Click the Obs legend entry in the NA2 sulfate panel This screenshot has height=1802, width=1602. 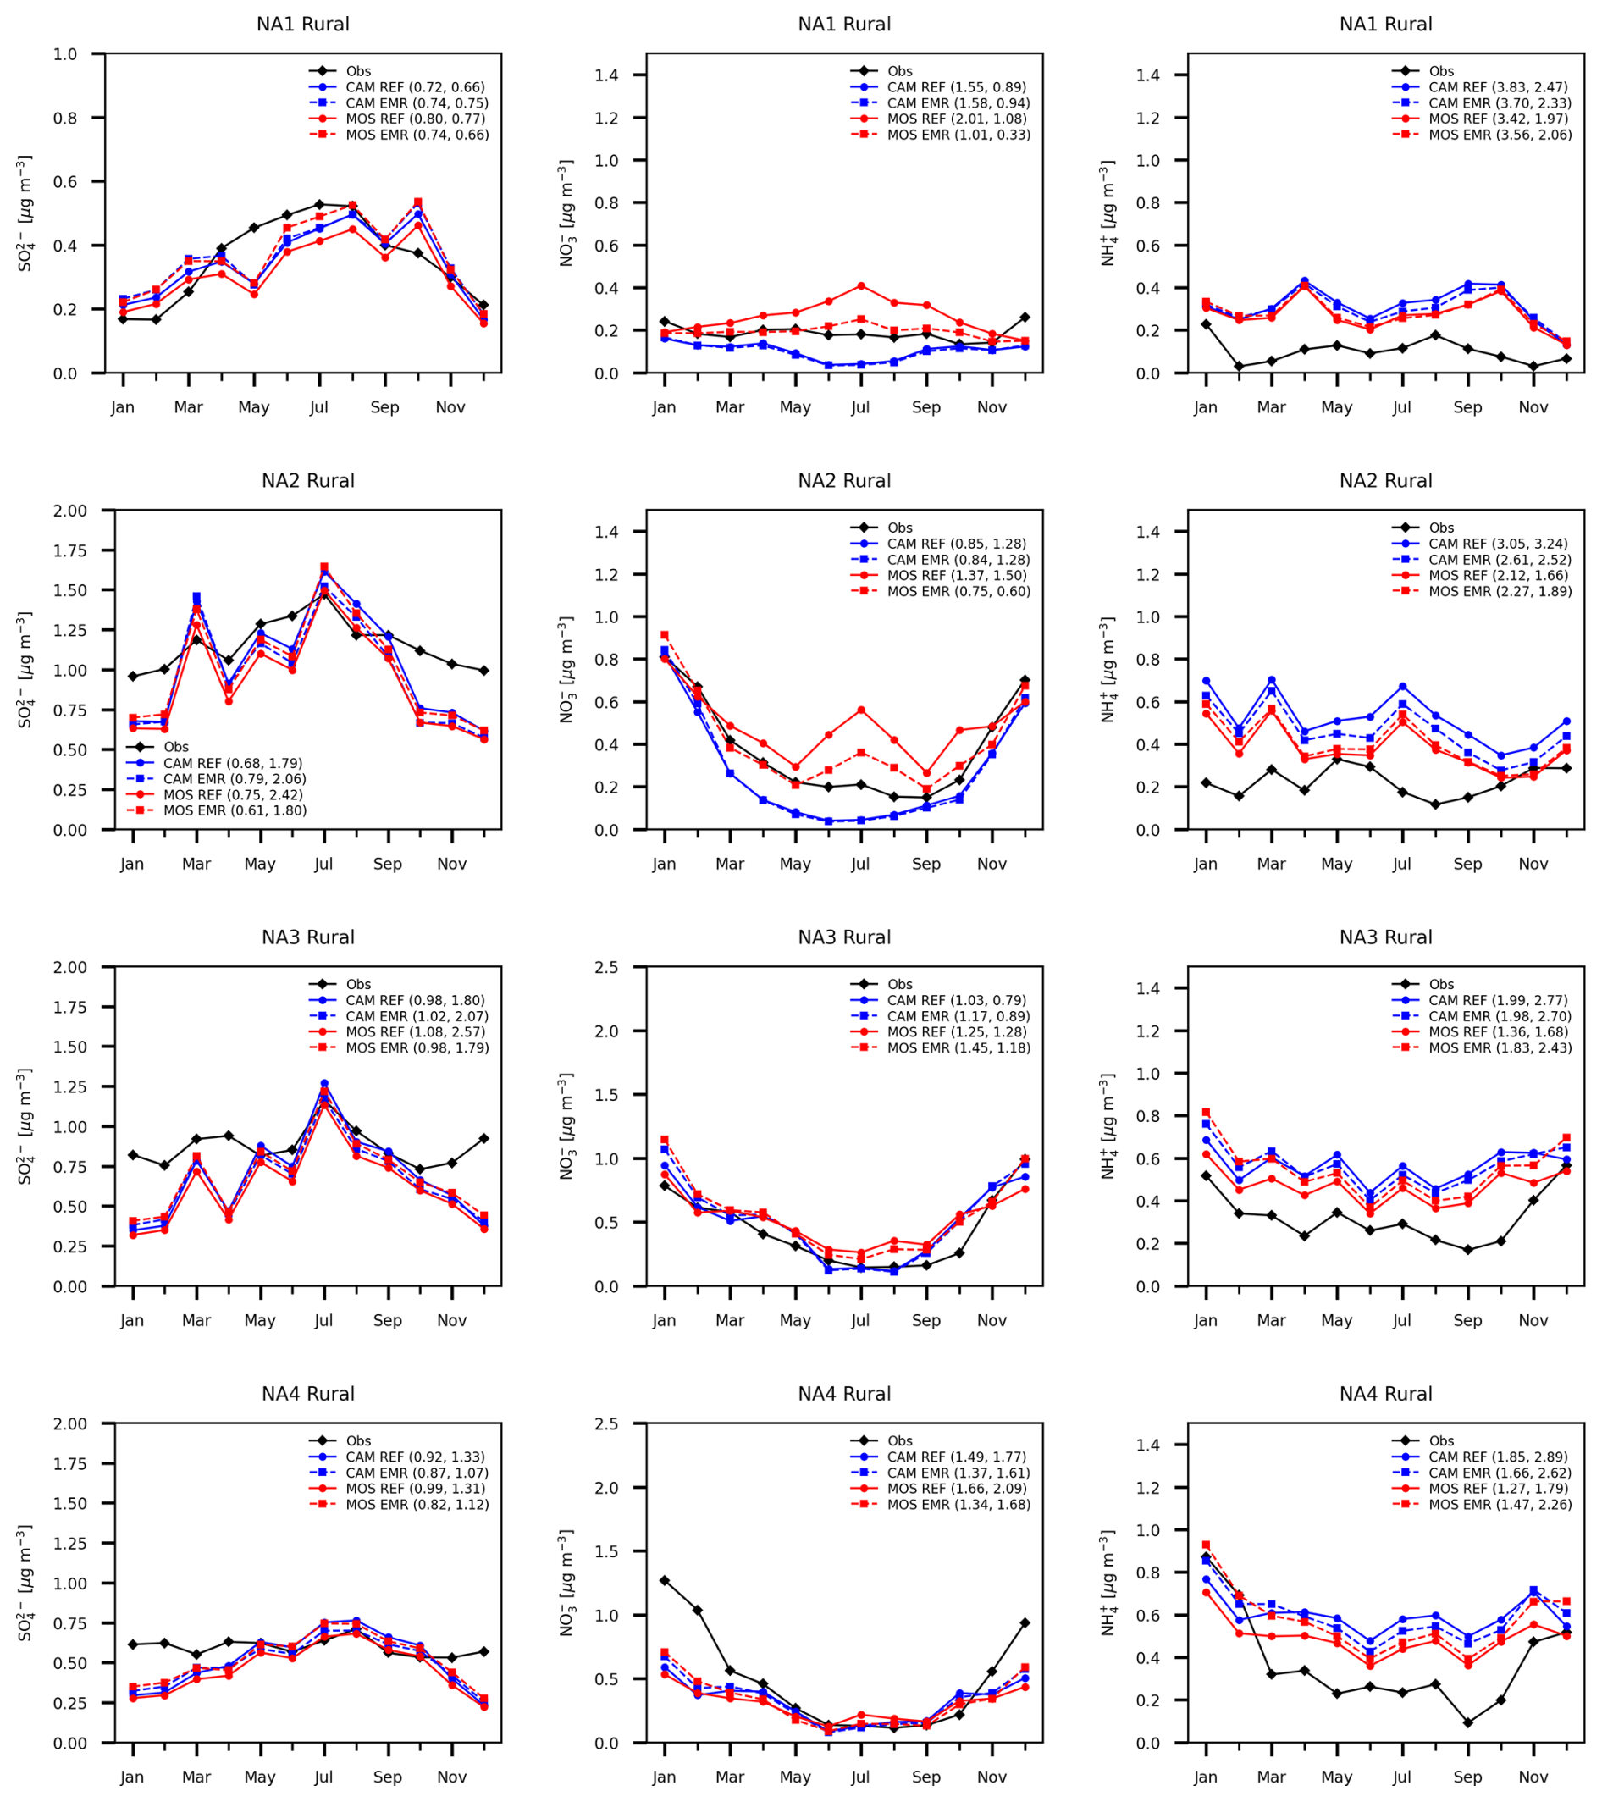175,747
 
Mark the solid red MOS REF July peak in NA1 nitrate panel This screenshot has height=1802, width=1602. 860,285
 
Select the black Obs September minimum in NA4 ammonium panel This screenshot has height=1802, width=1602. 1468,1722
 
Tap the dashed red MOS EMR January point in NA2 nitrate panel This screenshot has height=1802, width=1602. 664,635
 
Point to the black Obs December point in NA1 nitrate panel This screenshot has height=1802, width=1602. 1025,318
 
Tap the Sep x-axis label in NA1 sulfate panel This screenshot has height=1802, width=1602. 384,407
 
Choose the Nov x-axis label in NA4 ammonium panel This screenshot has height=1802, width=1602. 1533,1777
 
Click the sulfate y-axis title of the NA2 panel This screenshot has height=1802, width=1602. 25,670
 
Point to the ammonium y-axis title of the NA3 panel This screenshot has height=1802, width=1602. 1108,1127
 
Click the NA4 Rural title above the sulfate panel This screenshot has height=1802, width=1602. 307,1394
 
